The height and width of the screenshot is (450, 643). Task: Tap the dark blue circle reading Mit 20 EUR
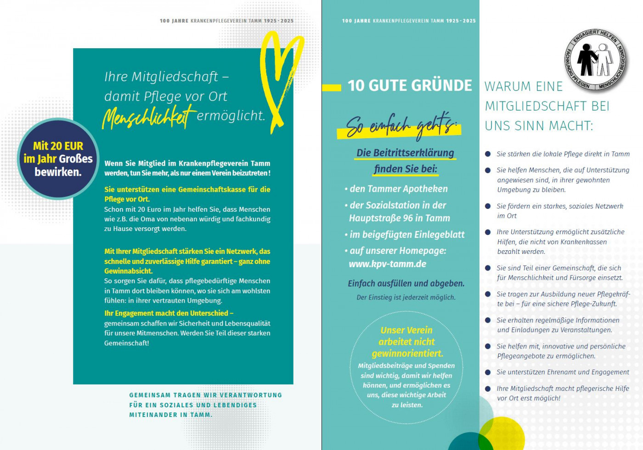coord(58,159)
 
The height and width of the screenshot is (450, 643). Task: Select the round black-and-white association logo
coord(596,59)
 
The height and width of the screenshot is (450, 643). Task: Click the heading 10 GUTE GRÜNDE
coord(410,86)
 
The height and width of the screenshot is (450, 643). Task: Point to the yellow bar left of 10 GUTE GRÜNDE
coord(332,87)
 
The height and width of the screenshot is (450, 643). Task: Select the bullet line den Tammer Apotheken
coord(398,189)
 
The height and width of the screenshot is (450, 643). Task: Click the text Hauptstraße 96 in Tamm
coord(399,218)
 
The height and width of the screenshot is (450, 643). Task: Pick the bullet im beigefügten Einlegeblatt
coord(407,235)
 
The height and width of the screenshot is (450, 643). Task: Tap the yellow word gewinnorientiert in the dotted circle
coord(407,354)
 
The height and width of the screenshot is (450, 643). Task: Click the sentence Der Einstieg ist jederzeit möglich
coord(406,298)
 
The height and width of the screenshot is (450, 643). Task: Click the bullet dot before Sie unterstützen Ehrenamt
coord(488,372)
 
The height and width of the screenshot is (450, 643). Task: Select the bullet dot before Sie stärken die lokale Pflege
coord(488,154)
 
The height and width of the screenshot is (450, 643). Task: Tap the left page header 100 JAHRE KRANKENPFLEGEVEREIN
coord(226,21)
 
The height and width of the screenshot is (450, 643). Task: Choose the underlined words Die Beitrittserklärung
coord(405,153)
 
